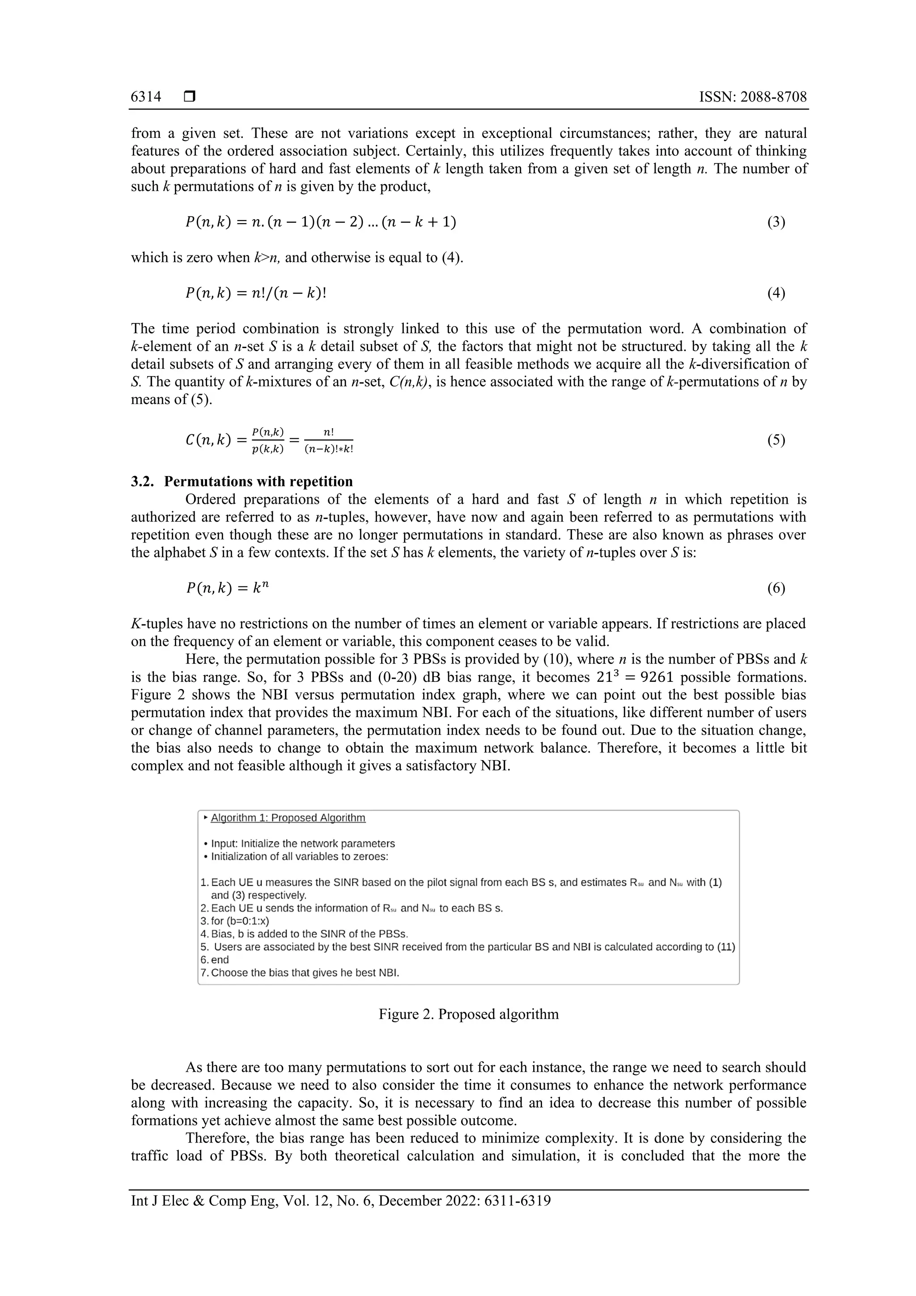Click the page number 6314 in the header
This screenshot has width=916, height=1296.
click(146, 97)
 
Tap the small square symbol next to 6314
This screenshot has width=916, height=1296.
click(190, 97)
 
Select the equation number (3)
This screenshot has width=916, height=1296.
click(776, 222)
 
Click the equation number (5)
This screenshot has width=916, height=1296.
click(776, 440)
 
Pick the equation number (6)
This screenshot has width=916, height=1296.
click(776, 588)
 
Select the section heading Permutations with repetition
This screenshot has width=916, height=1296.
click(259, 481)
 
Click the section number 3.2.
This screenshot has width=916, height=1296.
click(142, 481)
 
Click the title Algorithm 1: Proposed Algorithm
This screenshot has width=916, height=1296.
click(288, 818)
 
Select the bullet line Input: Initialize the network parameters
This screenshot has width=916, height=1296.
click(302, 843)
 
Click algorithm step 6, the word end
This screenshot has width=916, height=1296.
click(220, 960)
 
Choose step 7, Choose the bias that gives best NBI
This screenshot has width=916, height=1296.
click(305, 973)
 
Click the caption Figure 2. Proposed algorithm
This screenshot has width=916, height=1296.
click(468, 1014)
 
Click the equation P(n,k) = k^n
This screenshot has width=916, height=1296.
click(228, 588)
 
